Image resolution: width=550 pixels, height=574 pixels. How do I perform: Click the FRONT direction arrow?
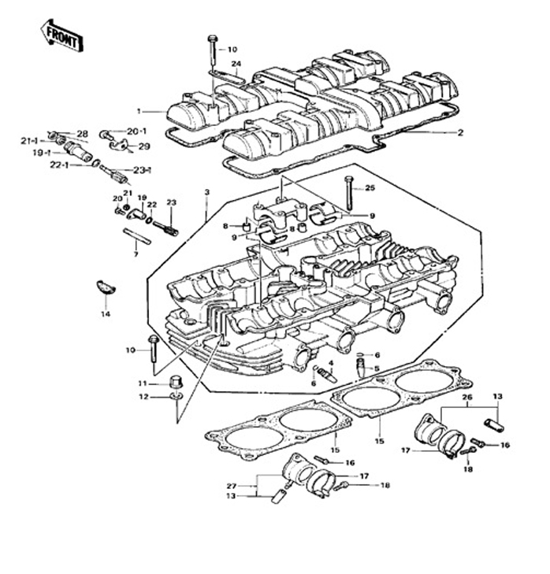[60, 35]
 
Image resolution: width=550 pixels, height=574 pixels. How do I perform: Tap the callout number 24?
[236, 64]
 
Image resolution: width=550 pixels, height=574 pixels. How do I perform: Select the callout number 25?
[370, 187]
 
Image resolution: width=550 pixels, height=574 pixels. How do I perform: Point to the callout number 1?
[139, 111]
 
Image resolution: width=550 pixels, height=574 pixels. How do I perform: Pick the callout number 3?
[206, 192]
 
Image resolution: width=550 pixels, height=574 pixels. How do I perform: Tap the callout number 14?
[106, 313]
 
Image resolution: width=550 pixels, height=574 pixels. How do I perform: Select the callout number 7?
[135, 254]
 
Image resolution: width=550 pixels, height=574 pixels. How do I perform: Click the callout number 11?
[143, 383]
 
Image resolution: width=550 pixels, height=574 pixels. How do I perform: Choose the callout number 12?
[143, 396]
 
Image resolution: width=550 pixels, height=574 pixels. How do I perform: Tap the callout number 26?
[466, 398]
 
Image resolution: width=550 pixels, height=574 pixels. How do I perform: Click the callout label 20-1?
[136, 131]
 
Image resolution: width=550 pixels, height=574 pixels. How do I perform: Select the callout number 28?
[82, 133]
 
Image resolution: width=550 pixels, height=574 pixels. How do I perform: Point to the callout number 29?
[143, 146]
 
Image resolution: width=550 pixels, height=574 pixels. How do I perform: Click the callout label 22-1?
[60, 165]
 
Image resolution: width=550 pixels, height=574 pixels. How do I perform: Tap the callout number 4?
[331, 363]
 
